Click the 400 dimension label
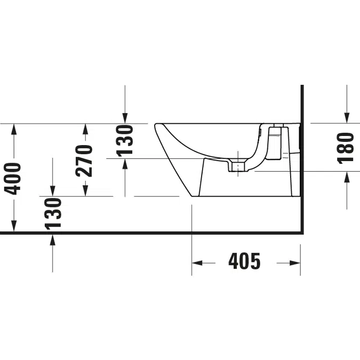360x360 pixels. tap(13, 179)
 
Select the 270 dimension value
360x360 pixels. tap(84, 161)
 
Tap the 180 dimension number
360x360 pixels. tap(346, 148)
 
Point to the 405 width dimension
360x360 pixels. tap(244, 261)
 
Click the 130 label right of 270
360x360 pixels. tap(125, 140)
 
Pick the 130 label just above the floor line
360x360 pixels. tap(53, 214)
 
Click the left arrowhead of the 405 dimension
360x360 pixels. tap(197, 263)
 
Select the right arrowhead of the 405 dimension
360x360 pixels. tap(295, 263)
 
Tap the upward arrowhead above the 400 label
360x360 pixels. tap(14, 129)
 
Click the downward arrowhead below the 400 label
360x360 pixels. tap(14, 226)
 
